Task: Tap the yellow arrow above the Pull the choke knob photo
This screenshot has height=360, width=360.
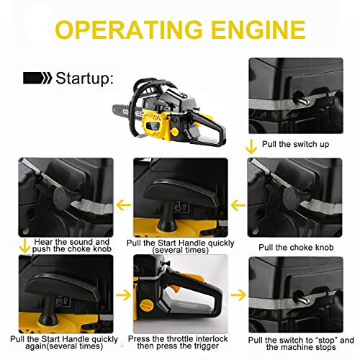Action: coord(250,148)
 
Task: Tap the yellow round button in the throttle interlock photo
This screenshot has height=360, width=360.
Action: coord(147,295)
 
